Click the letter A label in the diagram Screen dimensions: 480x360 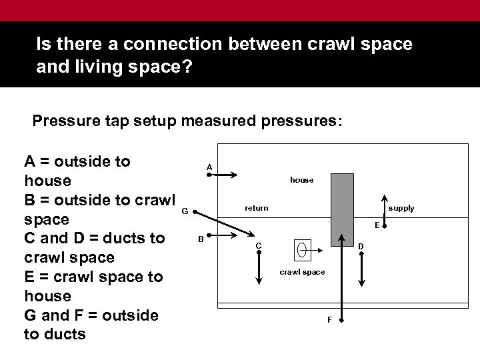pyautogui.click(x=209, y=167)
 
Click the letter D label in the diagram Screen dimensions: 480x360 pyautogui.click(x=361, y=247)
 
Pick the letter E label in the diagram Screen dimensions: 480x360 pyautogui.click(x=377, y=225)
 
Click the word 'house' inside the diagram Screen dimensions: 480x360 pyautogui.click(x=301, y=180)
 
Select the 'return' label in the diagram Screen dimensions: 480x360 pyautogui.click(x=256, y=208)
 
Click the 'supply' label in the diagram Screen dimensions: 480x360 pyautogui.click(x=401, y=208)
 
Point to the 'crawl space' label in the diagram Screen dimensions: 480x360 pyautogui.click(x=302, y=273)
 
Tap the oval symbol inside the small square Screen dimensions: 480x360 pyautogui.click(x=302, y=250)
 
